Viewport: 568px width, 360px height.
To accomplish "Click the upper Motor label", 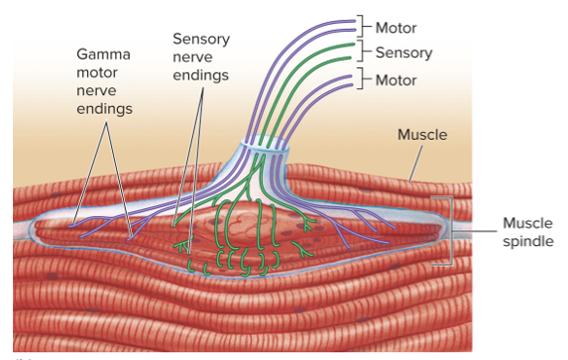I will point(397,27).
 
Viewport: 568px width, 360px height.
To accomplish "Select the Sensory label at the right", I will point(403,52).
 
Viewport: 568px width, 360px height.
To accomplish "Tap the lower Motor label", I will point(397,79).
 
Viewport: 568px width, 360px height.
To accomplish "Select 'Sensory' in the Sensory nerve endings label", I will point(201,39).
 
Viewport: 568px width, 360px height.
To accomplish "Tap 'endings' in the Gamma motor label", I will point(103,107).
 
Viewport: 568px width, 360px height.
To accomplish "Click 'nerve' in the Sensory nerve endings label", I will point(201,57).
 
